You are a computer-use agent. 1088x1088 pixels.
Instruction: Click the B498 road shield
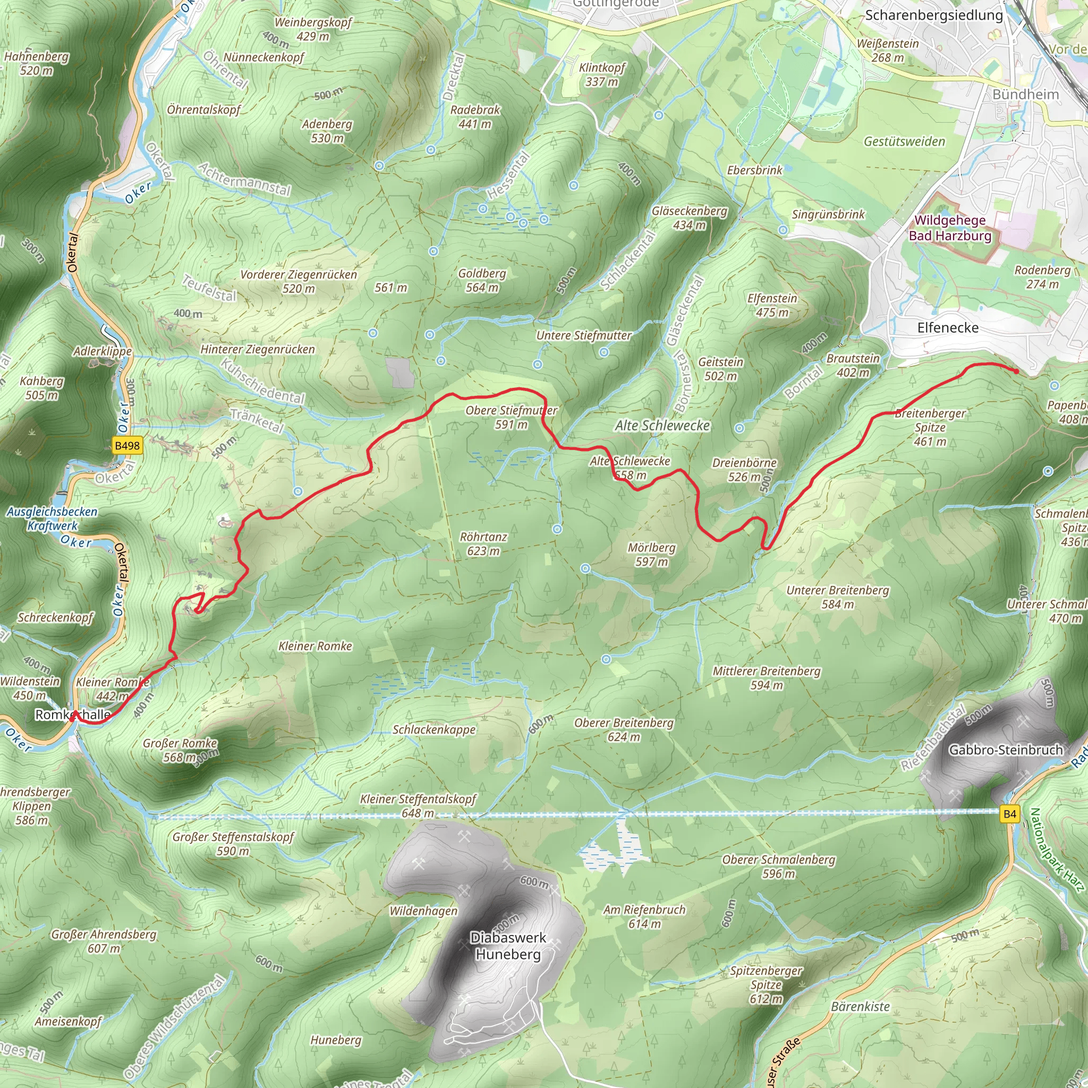click(x=127, y=445)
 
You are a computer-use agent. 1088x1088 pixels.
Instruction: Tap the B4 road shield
click(x=1010, y=814)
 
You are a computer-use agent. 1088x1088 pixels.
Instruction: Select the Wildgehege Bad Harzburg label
click(x=950, y=228)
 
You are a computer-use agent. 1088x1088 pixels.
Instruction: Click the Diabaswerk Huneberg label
click(x=508, y=946)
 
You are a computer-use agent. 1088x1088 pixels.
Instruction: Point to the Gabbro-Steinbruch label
click(x=1006, y=750)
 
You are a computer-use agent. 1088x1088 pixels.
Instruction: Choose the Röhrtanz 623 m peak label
click(x=483, y=543)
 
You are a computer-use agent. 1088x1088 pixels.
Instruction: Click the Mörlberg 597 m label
click(x=651, y=554)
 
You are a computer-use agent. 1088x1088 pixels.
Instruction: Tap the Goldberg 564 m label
click(x=482, y=280)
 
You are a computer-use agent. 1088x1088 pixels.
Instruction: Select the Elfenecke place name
click(x=948, y=328)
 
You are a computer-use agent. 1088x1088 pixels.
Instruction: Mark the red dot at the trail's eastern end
click(x=1015, y=371)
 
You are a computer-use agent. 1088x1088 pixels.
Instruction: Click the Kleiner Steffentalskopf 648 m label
click(x=418, y=806)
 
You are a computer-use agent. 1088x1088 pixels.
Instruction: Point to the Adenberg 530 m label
click(x=327, y=131)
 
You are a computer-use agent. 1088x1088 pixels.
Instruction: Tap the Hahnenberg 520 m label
click(x=37, y=63)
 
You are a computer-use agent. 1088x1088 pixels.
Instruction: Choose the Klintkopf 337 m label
click(x=602, y=74)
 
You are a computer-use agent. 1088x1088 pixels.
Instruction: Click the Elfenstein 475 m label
click(x=772, y=305)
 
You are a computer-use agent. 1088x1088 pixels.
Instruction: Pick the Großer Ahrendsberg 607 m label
click(x=104, y=941)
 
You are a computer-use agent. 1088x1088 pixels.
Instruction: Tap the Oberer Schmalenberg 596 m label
click(x=779, y=866)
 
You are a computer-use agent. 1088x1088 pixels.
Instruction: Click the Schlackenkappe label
click(x=434, y=730)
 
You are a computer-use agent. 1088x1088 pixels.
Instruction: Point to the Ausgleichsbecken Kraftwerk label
click(x=53, y=518)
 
